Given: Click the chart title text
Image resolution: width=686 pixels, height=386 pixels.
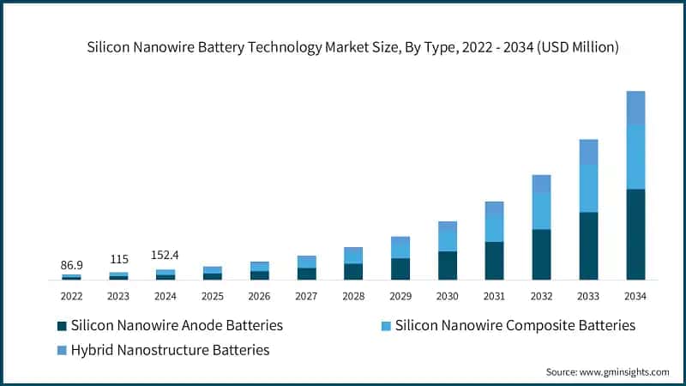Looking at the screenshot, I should point(352,48).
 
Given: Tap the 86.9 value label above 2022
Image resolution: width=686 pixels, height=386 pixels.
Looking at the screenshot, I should point(71,266).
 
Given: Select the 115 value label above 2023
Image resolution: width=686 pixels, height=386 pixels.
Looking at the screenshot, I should point(118,259).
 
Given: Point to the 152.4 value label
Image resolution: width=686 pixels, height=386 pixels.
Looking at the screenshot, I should point(165,255).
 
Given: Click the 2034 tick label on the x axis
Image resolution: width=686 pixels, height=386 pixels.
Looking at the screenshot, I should point(635,296).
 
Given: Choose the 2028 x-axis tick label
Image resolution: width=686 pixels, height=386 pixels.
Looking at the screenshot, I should point(353,296).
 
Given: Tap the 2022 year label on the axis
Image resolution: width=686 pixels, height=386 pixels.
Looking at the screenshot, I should point(71,296).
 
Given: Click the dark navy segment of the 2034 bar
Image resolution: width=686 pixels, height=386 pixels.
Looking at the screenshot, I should point(635,234).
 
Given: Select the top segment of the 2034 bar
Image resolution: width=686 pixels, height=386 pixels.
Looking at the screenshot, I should point(635,107).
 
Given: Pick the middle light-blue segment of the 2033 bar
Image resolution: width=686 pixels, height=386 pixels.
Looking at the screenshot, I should point(588,188).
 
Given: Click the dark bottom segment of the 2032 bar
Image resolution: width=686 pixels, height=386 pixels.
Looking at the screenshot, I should point(541,254).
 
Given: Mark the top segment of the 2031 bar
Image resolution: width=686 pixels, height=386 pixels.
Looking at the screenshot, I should point(494,208).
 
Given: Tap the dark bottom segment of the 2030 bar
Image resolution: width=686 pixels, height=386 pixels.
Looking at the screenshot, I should point(448,265).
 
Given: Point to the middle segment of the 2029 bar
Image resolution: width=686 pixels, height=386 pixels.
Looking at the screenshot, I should point(400,249).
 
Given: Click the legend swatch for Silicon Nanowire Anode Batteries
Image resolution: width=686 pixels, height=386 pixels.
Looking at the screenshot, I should point(62,326).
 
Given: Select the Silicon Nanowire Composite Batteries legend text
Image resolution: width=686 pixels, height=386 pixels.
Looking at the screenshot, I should point(515,326).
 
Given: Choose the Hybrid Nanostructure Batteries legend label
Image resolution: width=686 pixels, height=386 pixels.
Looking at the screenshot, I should point(171,350).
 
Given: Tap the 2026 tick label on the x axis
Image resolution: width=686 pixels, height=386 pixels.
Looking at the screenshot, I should point(259,296).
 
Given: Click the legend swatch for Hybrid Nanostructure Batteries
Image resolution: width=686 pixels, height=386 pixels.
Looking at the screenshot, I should point(62,350).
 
